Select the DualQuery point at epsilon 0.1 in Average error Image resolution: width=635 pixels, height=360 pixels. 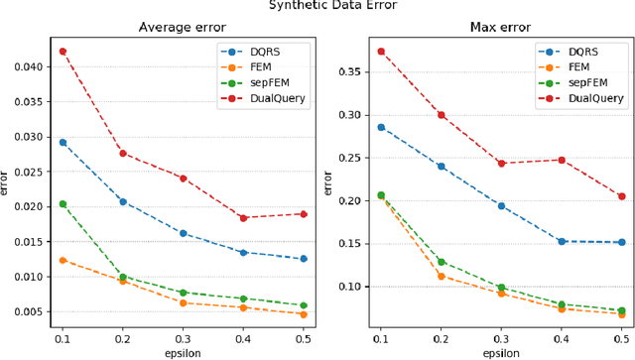63,51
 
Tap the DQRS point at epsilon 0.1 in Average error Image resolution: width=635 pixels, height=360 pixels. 63,142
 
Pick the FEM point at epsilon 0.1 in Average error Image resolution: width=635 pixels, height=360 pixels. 63,260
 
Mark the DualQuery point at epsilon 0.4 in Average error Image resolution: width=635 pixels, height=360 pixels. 243,217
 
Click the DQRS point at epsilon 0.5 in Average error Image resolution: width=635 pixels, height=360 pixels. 304,259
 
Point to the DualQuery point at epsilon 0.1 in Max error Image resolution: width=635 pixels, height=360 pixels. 380,51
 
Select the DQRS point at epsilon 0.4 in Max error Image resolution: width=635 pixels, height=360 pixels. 561,241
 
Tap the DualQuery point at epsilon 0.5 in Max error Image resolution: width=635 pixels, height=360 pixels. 621,196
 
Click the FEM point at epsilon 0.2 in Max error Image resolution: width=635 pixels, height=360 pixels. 441,276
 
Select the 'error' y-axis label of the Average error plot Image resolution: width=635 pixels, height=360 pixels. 7,183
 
